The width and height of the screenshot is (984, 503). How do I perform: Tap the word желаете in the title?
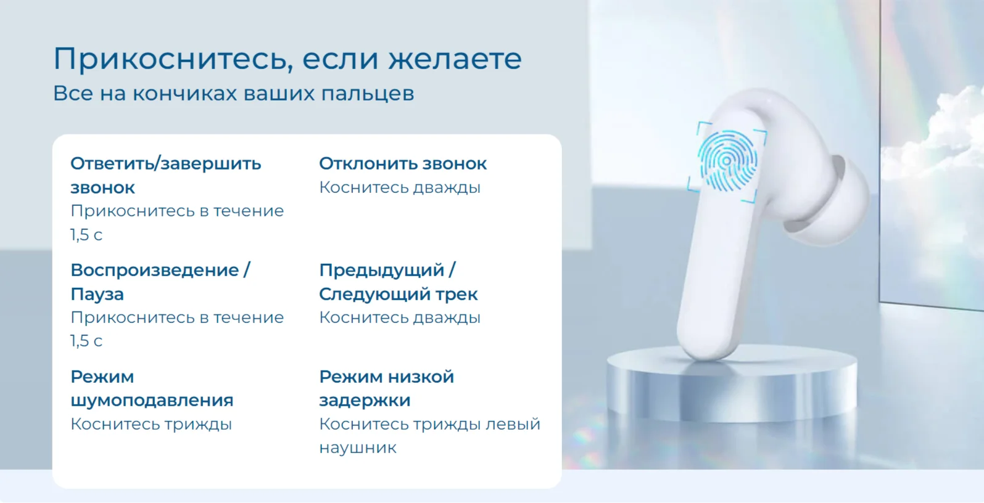point(455,59)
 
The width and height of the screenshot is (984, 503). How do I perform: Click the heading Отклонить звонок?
point(402,164)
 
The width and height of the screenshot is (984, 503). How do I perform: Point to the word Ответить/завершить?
point(165,164)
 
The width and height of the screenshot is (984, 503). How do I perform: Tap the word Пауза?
point(97,295)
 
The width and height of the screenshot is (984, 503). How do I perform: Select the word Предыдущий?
point(382,271)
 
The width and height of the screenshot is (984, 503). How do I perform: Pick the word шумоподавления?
point(152,401)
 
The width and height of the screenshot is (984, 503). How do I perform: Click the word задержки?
point(365,401)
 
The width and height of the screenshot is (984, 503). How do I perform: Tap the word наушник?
point(358,448)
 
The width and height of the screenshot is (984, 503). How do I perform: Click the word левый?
point(513,425)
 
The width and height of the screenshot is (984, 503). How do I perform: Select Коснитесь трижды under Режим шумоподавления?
point(151,425)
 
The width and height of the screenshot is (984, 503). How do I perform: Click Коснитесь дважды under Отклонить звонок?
point(400,188)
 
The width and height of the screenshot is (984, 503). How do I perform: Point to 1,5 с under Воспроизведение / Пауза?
point(86,341)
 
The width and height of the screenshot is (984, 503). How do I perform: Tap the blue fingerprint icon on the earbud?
point(727,162)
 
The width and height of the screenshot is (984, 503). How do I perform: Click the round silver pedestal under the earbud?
point(732,384)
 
